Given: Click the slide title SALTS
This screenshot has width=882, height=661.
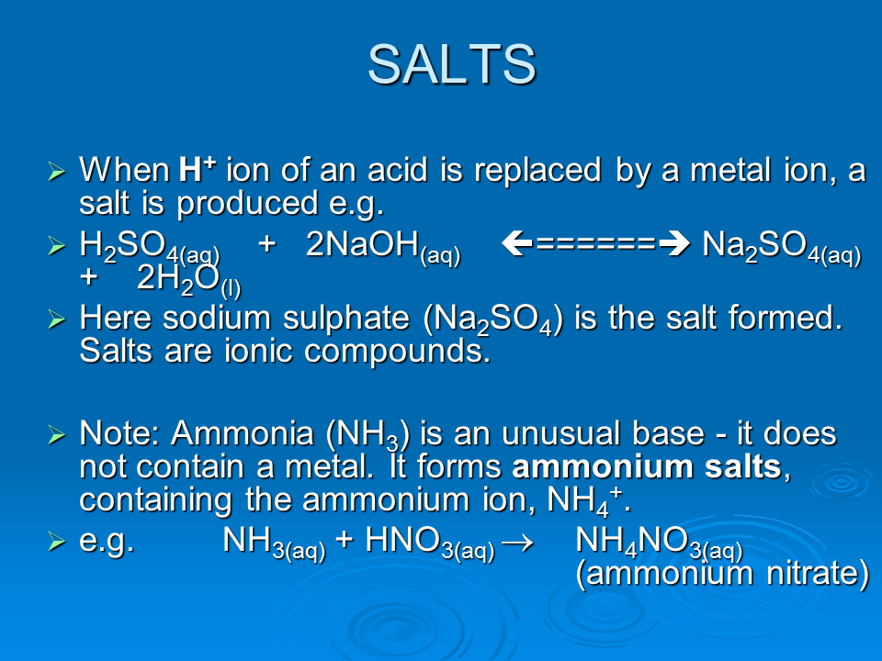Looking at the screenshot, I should (x=451, y=64).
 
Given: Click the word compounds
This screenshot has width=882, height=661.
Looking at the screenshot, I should (x=400, y=353).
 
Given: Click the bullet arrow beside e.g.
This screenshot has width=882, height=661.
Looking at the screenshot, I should (x=57, y=543).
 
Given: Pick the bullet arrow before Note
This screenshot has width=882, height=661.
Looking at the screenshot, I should (x=57, y=434).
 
